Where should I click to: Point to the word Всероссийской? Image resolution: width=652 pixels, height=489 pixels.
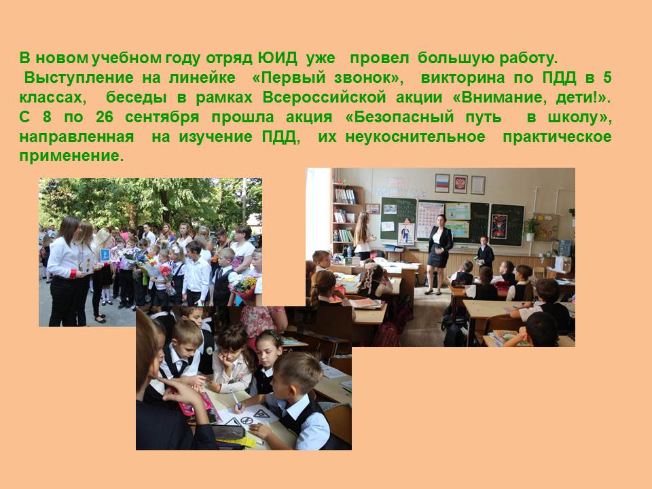tap(325, 98)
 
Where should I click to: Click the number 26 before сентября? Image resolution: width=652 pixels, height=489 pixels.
tap(105, 117)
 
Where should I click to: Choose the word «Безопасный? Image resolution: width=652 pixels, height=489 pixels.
tap(399, 117)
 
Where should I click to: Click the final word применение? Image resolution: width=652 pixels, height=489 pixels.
tap(71, 157)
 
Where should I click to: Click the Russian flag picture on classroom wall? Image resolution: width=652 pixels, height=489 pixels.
tap(442, 183)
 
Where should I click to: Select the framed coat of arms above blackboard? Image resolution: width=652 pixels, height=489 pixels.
tap(460, 183)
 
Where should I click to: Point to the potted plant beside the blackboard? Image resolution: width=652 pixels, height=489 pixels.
tap(530, 229)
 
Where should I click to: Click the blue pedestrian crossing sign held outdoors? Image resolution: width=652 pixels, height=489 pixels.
tap(105, 255)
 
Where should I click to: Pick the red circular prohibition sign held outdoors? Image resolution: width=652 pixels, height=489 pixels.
tap(115, 255)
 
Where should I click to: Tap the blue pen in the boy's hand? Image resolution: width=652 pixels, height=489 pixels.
tap(236, 399)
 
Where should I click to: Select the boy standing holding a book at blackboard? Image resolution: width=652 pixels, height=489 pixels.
tap(484, 253)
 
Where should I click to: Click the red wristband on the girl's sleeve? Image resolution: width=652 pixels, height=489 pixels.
tap(73, 274)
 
